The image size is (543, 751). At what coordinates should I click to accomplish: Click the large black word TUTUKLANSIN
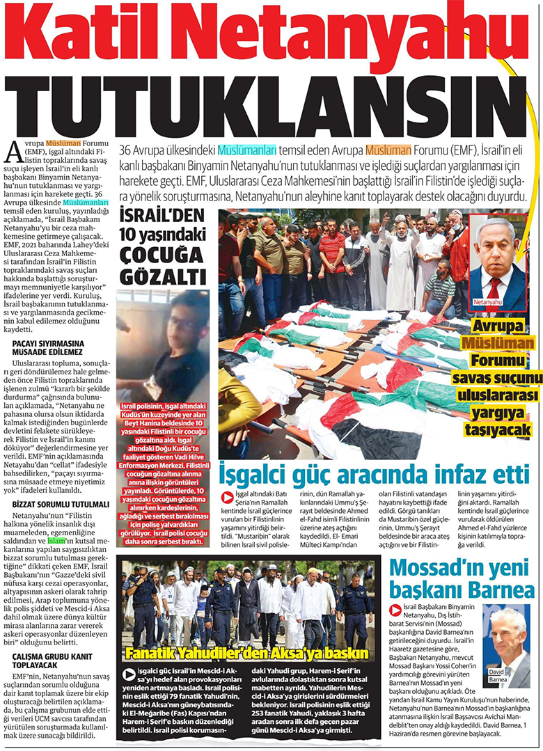pos(271,102)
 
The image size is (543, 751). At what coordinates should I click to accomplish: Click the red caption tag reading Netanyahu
pos(487,303)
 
